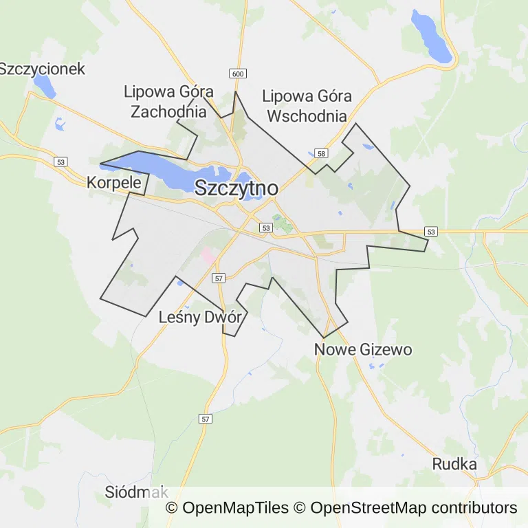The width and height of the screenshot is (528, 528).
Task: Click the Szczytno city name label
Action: (236, 188)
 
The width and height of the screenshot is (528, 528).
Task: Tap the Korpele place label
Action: (113, 183)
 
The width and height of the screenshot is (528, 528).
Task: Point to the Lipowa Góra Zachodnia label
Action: (168, 101)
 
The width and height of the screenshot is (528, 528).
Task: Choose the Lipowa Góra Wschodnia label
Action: (307, 106)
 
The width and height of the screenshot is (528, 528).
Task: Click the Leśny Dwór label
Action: (199, 318)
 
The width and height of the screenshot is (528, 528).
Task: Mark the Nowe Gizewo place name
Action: (363, 349)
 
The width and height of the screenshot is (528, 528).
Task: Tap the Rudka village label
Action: (454, 464)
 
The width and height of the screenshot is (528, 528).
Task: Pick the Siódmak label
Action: (136, 492)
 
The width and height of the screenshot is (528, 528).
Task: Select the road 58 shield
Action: (321, 153)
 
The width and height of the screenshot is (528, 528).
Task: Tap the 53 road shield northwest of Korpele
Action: (61, 161)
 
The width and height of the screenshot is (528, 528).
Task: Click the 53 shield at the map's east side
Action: (431, 232)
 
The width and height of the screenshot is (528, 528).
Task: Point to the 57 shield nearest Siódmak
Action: (206, 419)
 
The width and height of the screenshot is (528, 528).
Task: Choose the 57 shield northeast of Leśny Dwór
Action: (218, 278)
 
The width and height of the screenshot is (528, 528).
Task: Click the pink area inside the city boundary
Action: (208, 256)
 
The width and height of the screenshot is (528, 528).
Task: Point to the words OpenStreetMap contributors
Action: (413, 508)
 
